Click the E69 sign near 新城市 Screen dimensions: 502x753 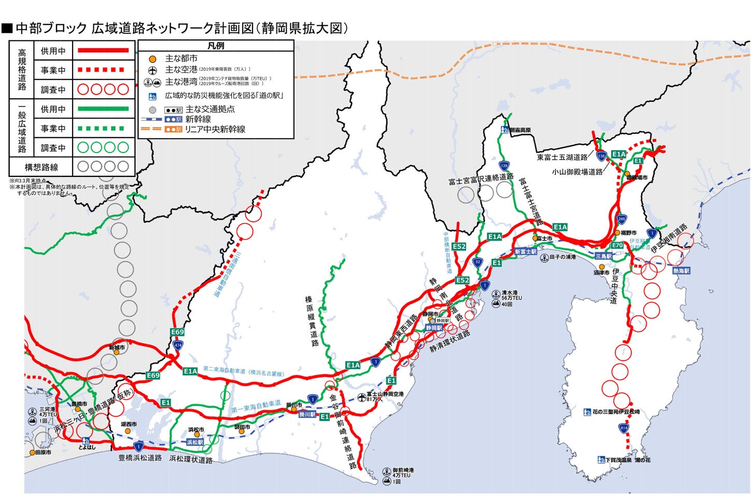click(177, 332)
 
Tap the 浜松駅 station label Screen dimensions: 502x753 click(196, 442)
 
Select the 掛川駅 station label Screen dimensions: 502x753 click(308, 415)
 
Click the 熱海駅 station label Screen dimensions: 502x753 click(681, 271)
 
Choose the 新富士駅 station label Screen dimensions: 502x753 click(525, 252)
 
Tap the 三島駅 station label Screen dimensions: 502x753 click(604, 256)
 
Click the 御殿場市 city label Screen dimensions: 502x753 click(637, 177)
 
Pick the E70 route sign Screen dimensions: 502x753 click(617, 245)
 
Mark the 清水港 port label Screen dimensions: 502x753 click(510, 292)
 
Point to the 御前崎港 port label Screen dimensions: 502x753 click(403, 470)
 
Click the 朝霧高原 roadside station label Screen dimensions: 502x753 click(520, 130)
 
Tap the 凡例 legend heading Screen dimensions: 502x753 click(216, 46)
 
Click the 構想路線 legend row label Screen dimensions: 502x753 click(41, 167)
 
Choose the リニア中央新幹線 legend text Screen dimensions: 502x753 click(215, 129)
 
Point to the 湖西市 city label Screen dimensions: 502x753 click(129, 424)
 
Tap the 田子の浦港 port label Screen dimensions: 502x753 click(562, 257)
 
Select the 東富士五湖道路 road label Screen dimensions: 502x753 click(562, 157)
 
